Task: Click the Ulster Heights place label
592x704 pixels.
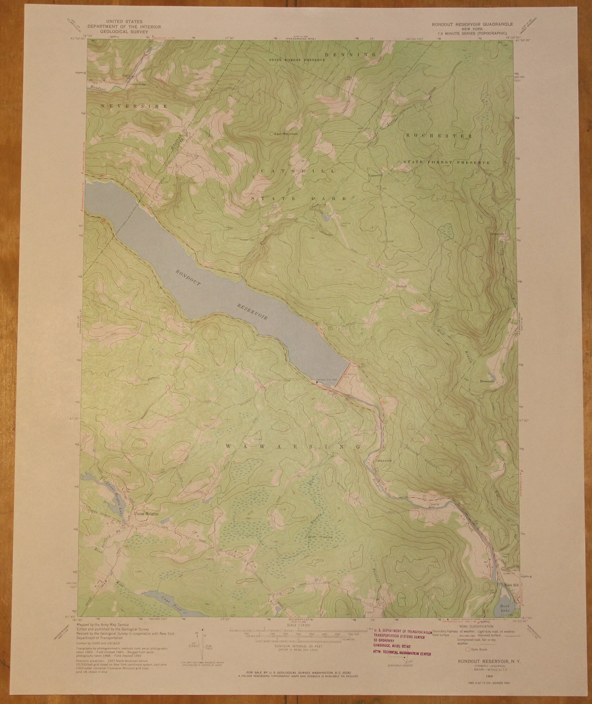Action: pyautogui.click(x=146, y=514)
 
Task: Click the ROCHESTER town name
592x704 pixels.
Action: pyautogui.click(x=438, y=136)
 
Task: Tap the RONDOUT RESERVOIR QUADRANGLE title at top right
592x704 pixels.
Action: pyautogui.click(x=473, y=25)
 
